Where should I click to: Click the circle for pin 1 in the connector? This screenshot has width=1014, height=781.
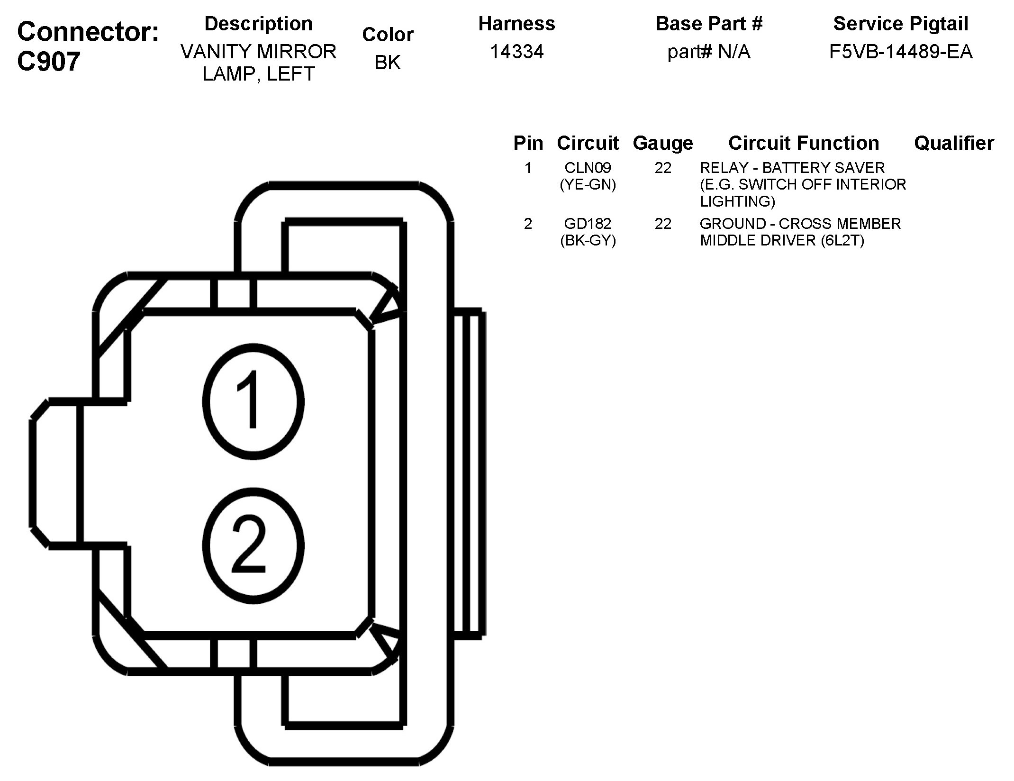(253, 401)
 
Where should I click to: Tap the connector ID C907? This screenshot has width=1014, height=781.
(48, 62)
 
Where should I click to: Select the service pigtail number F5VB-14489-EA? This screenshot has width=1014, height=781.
(900, 52)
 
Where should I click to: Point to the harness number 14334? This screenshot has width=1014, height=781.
(516, 52)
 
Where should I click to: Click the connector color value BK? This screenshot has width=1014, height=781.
(388, 63)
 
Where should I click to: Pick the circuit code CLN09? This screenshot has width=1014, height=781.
(588, 168)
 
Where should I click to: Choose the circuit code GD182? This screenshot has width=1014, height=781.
(588, 224)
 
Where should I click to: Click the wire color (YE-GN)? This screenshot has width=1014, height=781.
(588, 184)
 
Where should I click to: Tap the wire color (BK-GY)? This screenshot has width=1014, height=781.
(588, 241)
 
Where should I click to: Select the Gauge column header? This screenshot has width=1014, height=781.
(662, 143)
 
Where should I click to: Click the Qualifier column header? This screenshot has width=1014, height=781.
(953, 143)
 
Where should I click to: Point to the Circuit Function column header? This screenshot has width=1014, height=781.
(804, 143)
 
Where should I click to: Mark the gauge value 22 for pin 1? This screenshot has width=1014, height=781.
(663, 168)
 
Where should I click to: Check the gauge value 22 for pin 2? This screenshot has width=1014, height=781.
(663, 224)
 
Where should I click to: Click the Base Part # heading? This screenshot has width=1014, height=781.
(709, 24)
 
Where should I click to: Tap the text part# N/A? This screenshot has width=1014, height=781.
(709, 52)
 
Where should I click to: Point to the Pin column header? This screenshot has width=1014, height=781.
(528, 143)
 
